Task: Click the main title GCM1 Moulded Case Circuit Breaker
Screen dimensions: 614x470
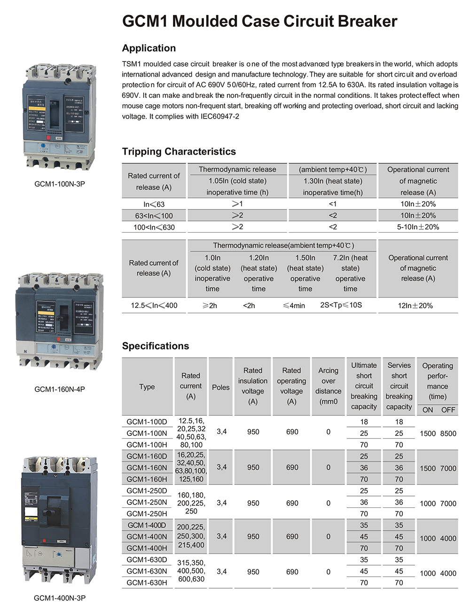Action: click(x=259, y=22)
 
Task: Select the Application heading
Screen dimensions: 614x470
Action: click(x=149, y=48)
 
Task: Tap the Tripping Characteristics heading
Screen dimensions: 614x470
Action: click(x=179, y=151)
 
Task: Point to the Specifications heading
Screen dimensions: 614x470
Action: click(x=155, y=346)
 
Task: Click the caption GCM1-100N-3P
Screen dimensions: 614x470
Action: click(x=60, y=184)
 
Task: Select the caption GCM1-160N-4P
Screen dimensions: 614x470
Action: click(x=60, y=389)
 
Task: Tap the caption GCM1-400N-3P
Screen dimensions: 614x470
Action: click(x=60, y=598)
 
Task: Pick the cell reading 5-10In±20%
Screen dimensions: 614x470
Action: click(x=418, y=227)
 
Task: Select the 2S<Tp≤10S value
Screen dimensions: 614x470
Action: click(x=341, y=305)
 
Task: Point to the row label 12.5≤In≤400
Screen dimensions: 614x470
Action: click(x=154, y=306)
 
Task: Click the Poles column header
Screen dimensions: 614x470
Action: click(x=220, y=387)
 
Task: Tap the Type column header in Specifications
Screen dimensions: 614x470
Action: click(x=147, y=387)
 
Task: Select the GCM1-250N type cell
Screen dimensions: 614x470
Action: click(x=147, y=503)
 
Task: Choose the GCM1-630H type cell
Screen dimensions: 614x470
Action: click(x=147, y=583)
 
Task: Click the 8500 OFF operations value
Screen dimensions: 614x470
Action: click(x=448, y=433)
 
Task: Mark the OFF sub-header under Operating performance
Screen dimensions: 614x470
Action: click(x=448, y=410)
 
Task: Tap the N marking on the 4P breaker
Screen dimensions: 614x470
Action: click(x=25, y=351)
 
